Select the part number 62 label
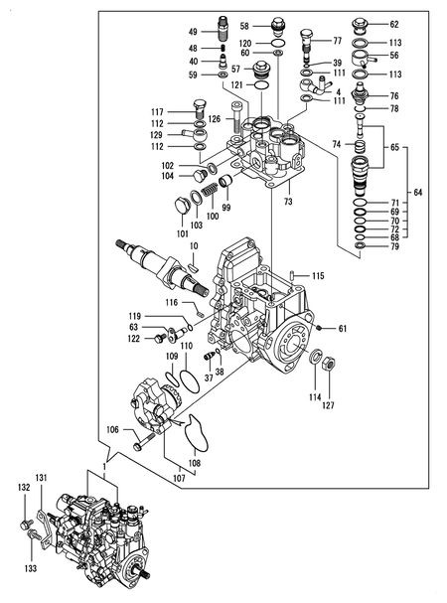pos(393,24)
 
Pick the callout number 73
pos(288,202)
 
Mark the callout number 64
pos(417,192)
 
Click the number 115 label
pos(318,275)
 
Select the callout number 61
pos(343,328)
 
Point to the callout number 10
pos(194,244)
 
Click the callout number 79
pos(393,246)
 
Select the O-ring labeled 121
pos(260,86)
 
